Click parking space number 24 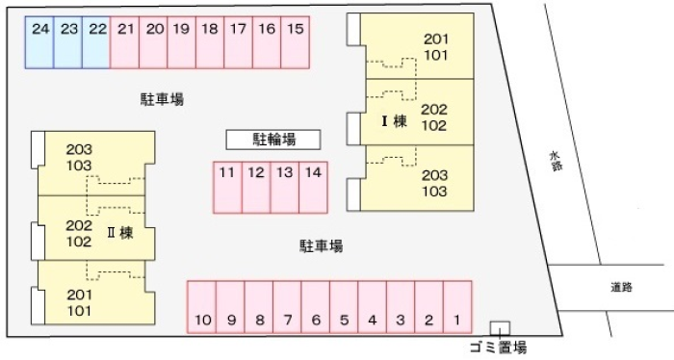click(x=39, y=42)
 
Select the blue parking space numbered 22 click(x=96, y=42)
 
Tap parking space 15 click(x=296, y=42)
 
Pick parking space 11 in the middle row click(x=228, y=188)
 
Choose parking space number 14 click(x=313, y=188)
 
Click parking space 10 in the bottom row click(x=202, y=307)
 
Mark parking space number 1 click(x=457, y=307)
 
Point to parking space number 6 click(x=316, y=307)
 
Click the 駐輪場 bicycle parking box click(x=273, y=140)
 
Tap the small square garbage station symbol click(x=500, y=328)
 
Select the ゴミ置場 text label click(x=498, y=347)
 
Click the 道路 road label click(x=622, y=287)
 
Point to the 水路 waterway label click(x=556, y=161)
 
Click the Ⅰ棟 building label click(x=394, y=121)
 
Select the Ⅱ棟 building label click(x=120, y=233)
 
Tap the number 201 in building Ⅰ click(x=436, y=39)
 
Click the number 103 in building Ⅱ click(x=79, y=166)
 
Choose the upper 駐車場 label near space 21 click(x=162, y=99)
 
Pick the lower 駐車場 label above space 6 click(x=321, y=246)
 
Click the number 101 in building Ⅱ click(x=79, y=311)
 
